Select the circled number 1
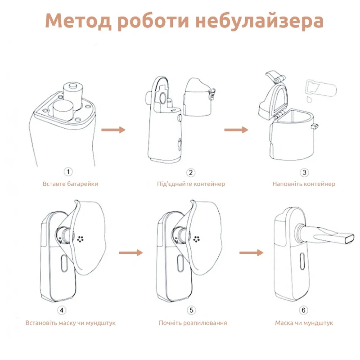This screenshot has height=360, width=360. pyautogui.click(x=68, y=171)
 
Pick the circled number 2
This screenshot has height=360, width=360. pyautogui.click(x=191, y=172)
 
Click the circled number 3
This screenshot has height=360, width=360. pyautogui.click(x=304, y=172)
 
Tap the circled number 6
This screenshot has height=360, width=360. pyautogui.click(x=304, y=310)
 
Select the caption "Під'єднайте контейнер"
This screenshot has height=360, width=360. pyautogui.click(x=191, y=184)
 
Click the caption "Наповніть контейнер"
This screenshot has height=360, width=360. pyautogui.click(x=304, y=184)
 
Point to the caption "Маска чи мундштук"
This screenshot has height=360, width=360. pyautogui.click(x=304, y=323)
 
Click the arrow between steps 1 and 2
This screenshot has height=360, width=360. pyautogui.click(x=112, y=130)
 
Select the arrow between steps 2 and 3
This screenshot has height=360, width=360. pyautogui.click(x=236, y=130)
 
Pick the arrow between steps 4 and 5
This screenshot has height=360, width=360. pyautogui.click(x=130, y=253)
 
